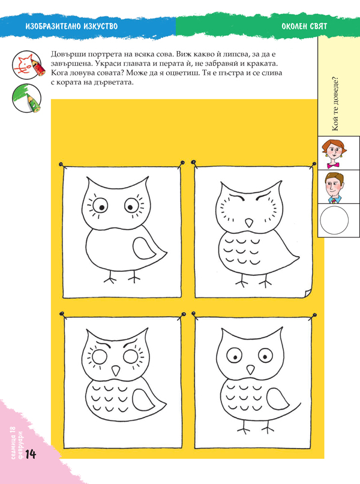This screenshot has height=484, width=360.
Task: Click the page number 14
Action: (x=31, y=455)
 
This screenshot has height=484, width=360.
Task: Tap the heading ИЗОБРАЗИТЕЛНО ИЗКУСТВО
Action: (x=71, y=26)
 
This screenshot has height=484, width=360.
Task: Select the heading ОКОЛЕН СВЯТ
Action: (x=304, y=26)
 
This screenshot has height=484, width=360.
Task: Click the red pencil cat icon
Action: (x=27, y=65)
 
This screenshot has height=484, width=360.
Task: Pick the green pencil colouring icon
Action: (x=27, y=98)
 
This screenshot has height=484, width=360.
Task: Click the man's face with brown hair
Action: (x=334, y=187)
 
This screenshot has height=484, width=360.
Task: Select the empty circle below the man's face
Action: (x=334, y=220)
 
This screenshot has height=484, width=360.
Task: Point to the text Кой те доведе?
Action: (x=336, y=104)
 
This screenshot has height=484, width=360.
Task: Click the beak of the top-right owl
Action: (x=249, y=223)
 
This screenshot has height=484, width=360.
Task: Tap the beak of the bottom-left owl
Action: (x=116, y=370)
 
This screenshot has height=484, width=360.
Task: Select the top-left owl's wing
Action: (x=145, y=249)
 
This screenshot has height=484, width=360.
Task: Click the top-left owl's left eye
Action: (x=100, y=206)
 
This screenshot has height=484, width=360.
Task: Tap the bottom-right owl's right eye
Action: (x=265, y=356)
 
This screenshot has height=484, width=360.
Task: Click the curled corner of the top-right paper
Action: (x=308, y=293)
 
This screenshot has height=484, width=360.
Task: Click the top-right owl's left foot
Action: (x=241, y=280)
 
